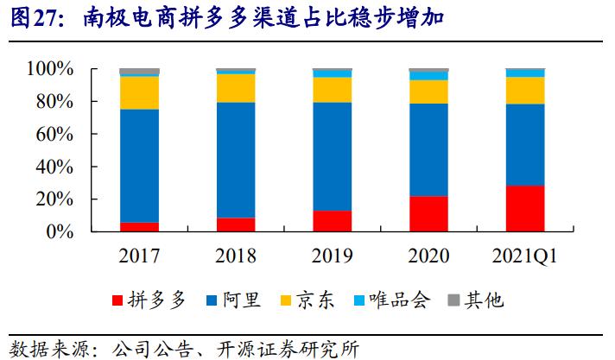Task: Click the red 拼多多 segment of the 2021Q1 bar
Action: click(525, 209)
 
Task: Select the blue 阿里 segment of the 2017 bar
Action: click(139, 166)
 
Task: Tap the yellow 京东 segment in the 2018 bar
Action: click(236, 88)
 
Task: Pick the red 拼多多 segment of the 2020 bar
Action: click(428, 214)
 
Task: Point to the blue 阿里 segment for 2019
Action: click(333, 156)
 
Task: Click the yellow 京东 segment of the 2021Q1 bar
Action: click(525, 91)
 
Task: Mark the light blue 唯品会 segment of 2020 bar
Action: click(428, 76)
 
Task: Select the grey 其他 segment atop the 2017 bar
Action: click(139, 72)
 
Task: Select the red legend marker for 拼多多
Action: click(118, 300)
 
